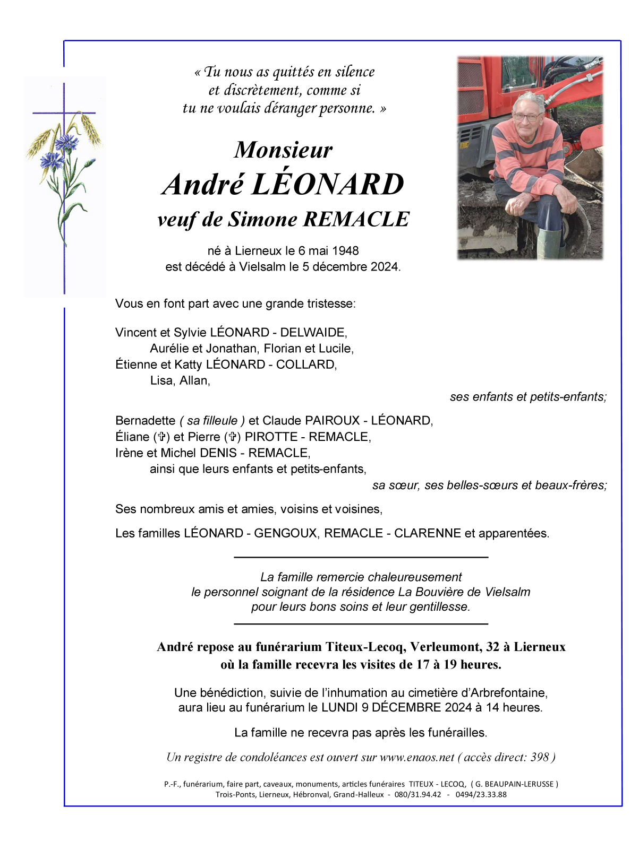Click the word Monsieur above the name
(x=283, y=150)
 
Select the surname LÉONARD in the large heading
(x=327, y=184)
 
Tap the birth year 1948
(x=345, y=250)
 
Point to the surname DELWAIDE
(x=313, y=333)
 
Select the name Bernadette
(x=145, y=421)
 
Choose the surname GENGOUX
(x=285, y=533)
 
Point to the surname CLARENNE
(x=427, y=533)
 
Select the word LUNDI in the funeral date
(x=339, y=707)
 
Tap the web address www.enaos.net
(x=417, y=757)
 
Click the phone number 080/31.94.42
(x=418, y=794)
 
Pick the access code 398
(x=540, y=757)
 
